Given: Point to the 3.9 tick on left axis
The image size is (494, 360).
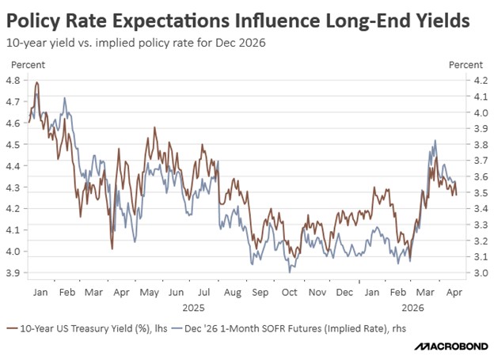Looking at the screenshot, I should coord(15,273).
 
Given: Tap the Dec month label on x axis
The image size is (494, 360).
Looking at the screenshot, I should coord(344,292).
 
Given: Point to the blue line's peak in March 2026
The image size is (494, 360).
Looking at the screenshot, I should coord(435,141).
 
